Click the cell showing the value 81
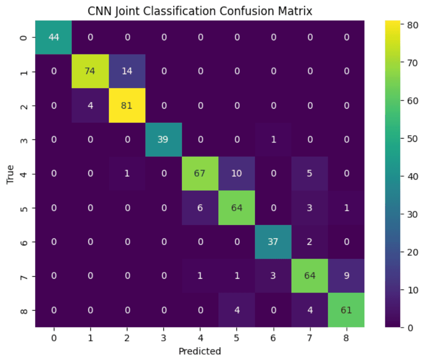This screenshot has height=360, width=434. pos(127,106)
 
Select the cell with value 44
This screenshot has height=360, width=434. pos(54,37)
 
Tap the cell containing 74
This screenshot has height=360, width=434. pos(90,72)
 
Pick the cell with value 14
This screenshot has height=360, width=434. pos(127,72)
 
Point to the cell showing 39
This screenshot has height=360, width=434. pos(163,140)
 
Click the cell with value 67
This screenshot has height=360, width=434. pos(200,174)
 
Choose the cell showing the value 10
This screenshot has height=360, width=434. pos(237,174)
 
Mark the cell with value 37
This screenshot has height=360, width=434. pos(273,242)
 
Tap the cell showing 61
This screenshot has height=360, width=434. pos(346,310)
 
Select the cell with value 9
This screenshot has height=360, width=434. pos(346,276)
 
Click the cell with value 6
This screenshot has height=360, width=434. pos(200,208)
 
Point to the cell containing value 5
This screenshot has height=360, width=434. pos(310,174)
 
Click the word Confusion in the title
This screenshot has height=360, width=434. pos(241,12)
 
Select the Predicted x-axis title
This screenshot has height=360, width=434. pos(200,351)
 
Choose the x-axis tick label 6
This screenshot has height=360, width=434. pos(273,338)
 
